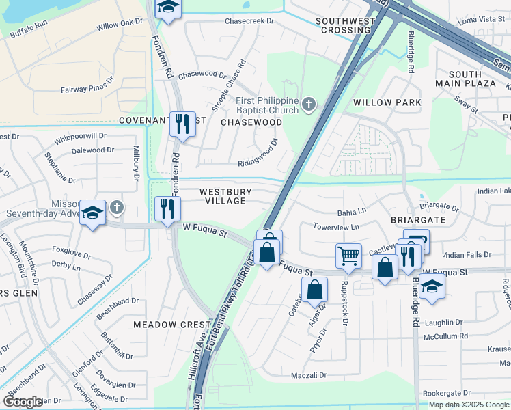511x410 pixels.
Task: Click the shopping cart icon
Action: click(348, 256)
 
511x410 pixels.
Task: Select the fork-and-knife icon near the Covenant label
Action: click(182, 124)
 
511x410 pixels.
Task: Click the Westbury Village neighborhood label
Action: click(225, 197)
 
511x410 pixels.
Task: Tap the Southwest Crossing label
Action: click(346, 26)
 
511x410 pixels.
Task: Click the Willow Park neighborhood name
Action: click(382, 102)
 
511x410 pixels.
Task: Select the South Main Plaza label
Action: click(472, 79)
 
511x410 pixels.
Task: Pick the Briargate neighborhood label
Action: click(418, 220)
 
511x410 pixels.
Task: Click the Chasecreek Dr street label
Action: click(249, 21)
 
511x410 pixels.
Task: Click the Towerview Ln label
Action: click(335, 226)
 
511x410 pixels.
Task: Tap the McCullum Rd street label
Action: click(445, 336)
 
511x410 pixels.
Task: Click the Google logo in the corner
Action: click(23, 402)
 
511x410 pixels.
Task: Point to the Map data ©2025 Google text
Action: click(469, 405)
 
